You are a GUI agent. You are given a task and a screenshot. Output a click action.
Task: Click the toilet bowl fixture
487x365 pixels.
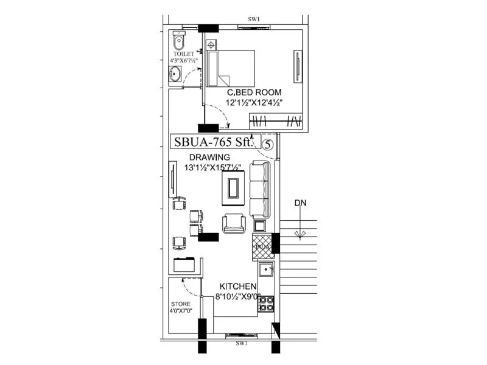pyautogui.click(x=177, y=41)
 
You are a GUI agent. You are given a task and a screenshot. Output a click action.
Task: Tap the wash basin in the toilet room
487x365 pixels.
pyautogui.click(x=175, y=74)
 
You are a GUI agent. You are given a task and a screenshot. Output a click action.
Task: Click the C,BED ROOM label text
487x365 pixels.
pyautogui.click(x=254, y=92)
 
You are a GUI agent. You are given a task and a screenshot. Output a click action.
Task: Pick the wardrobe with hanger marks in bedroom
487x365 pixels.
pyautogui.click(x=276, y=120)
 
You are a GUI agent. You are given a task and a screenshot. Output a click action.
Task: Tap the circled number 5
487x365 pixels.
pyautogui.click(x=268, y=143)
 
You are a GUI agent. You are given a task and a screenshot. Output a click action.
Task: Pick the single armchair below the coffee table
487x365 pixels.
pyautogui.click(x=234, y=224)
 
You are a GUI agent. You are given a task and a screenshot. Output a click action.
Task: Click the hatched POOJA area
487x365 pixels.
pyautogui.click(x=262, y=247)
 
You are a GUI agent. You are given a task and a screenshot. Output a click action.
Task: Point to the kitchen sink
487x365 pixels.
pyautogui.click(x=265, y=269)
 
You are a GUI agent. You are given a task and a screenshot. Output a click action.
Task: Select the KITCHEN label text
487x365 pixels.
pyautogui.click(x=237, y=287)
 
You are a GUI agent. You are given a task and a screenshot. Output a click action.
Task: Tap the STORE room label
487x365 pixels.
pyautogui.click(x=180, y=304)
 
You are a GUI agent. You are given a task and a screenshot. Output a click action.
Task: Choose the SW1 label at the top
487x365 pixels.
pyautogui.click(x=254, y=19)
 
